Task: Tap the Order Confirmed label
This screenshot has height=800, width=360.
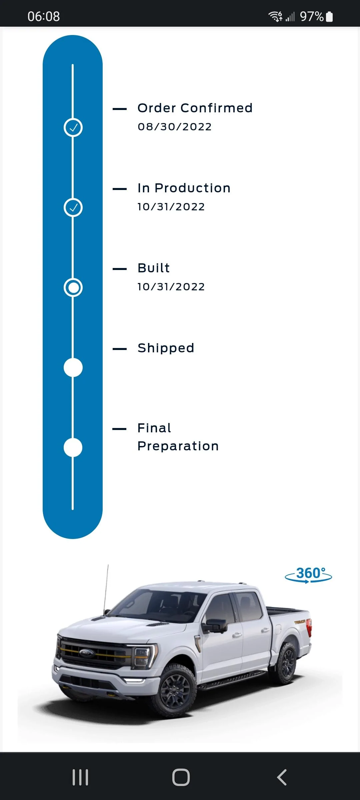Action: [x=195, y=108]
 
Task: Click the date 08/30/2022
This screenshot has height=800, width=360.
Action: [x=175, y=127]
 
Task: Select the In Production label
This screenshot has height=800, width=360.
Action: [x=184, y=188]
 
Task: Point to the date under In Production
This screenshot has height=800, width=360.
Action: [x=171, y=207]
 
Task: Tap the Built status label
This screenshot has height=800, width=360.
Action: [x=154, y=268]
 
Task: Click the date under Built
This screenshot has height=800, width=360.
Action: [x=171, y=287]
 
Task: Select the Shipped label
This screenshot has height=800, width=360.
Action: [x=166, y=348]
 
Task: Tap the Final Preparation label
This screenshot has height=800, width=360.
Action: [x=178, y=437]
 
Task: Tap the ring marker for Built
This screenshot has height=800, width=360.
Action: [x=73, y=278]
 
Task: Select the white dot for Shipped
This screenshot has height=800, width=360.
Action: [x=73, y=367]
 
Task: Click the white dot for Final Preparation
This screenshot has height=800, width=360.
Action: [x=73, y=447]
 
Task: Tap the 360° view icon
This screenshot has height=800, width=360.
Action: [x=308, y=575]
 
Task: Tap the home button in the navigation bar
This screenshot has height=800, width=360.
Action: [x=181, y=777]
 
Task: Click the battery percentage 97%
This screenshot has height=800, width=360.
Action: [x=312, y=16]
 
